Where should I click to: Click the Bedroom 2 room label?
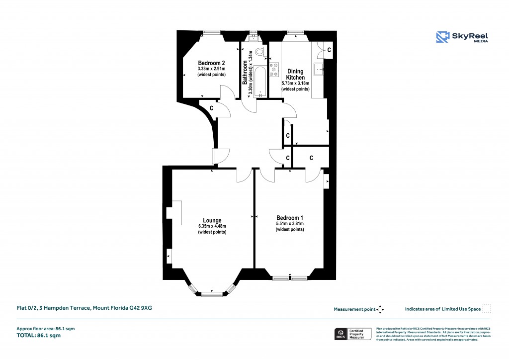pyautogui.click(x=211, y=63)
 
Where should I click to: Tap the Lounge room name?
pyautogui.click(x=212, y=220)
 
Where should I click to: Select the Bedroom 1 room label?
pyautogui.click(x=290, y=218)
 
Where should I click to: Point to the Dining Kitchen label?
pyautogui.click(x=295, y=75)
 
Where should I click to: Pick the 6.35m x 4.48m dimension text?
pyautogui.click(x=212, y=227)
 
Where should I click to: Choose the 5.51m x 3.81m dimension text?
pyautogui.click(x=290, y=224)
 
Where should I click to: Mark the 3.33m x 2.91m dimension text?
pyautogui.click(x=211, y=69)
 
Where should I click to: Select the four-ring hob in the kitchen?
pyautogui.click(x=274, y=70)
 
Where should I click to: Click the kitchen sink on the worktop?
pyautogui.click(x=319, y=69)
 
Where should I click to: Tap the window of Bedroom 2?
pyautogui.click(x=212, y=33)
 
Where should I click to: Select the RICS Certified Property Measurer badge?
pyautogui.click(x=353, y=334)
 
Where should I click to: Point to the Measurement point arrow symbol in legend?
pyautogui.click(x=380, y=309)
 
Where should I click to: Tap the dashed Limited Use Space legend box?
pyautogui.click(x=487, y=309)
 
